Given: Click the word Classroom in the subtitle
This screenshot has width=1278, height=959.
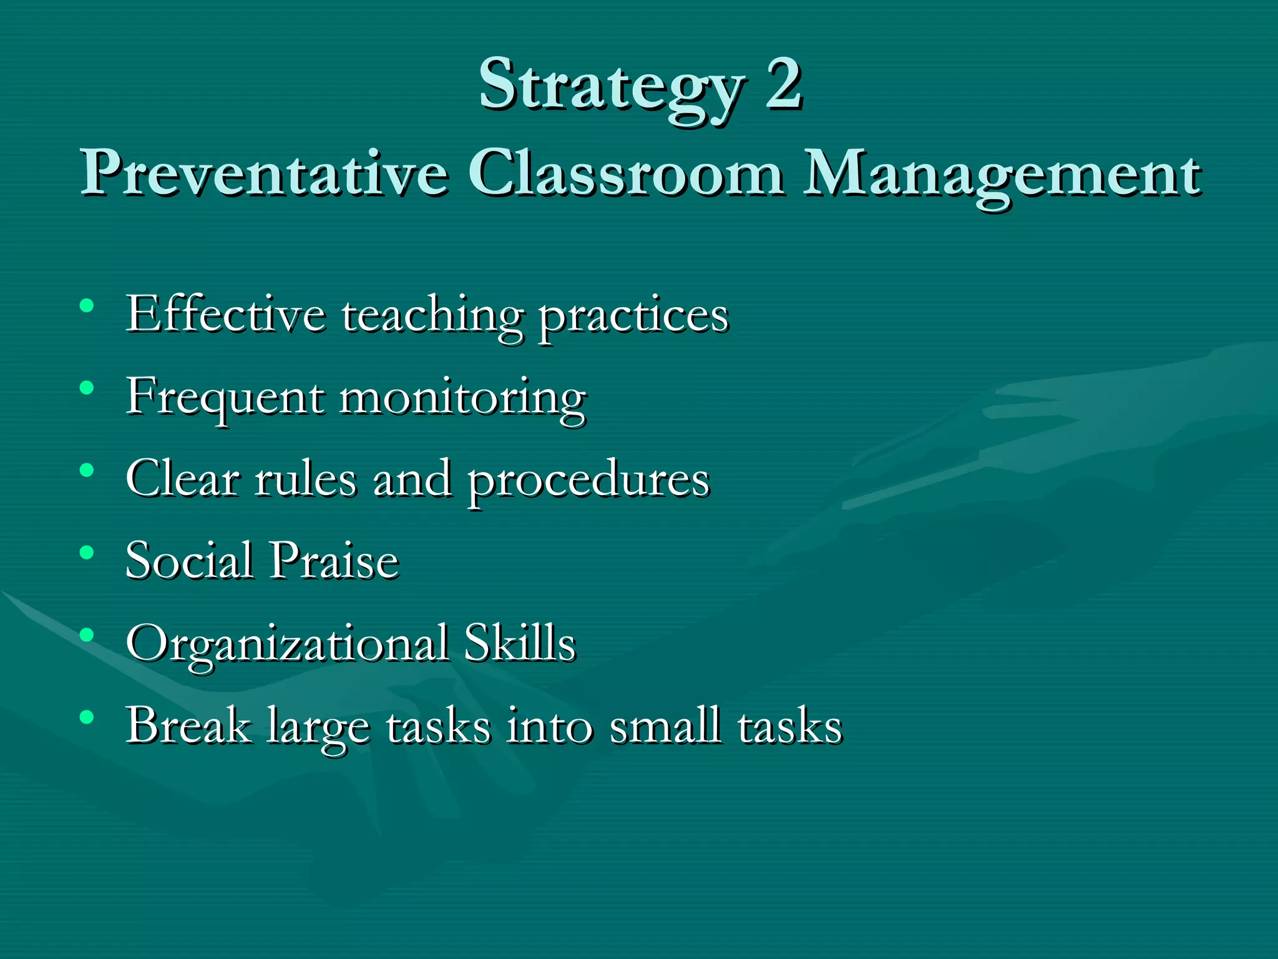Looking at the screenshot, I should pos(625,172).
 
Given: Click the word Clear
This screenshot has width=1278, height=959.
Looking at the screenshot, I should pos(183,479).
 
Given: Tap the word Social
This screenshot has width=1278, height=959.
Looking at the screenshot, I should pos(189,560).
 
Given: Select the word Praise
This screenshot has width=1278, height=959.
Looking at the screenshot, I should pos(334,560).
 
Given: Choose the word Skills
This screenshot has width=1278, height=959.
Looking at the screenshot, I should pos(520,642).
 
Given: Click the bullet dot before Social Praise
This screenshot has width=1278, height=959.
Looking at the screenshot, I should pos(87,553).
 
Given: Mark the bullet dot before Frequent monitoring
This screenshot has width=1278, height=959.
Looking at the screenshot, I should pos(87,388).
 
